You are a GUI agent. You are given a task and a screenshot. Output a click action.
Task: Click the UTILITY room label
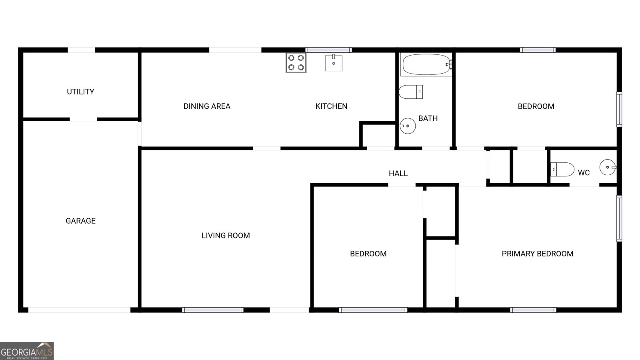[x=80, y=92]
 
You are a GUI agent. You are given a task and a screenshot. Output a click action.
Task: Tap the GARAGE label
[x=80, y=221]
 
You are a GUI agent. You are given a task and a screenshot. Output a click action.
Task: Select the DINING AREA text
[x=207, y=106]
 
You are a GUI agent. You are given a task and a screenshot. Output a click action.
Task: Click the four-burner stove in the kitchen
[x=296, y=63]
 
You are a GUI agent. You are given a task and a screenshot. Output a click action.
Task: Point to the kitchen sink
[x=333, y=63]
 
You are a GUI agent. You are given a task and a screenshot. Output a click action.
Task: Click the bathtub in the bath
[x=426, y=64]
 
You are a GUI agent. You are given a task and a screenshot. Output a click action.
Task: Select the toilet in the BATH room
[x=410, y=92]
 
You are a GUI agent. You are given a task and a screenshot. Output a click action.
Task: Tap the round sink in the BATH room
[x=408, y=126]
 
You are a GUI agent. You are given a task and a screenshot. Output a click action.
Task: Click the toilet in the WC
[x=562, y=169]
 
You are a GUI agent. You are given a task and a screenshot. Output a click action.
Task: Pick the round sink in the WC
[x=608, y=167]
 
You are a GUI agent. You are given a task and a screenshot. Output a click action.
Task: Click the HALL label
[x=398, y=173]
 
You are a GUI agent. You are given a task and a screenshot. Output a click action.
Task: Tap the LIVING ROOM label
[x=226, y=236]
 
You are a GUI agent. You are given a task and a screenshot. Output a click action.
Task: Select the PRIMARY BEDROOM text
[x=537, y=254]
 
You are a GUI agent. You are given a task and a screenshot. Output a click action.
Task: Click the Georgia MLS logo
[x=27, y=351]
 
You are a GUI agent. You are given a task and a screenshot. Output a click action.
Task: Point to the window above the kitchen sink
[x=329, y=50]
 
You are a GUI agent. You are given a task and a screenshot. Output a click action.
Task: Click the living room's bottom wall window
[x=213, y=310]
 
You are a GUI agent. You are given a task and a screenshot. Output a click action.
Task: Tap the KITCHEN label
[x=331, y=106]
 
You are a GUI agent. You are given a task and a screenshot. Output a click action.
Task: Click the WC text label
[x=584, y=173]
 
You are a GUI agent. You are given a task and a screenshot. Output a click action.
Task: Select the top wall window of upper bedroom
[x=538, y=50]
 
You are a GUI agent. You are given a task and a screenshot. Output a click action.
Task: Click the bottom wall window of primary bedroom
[x=533, y=310]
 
